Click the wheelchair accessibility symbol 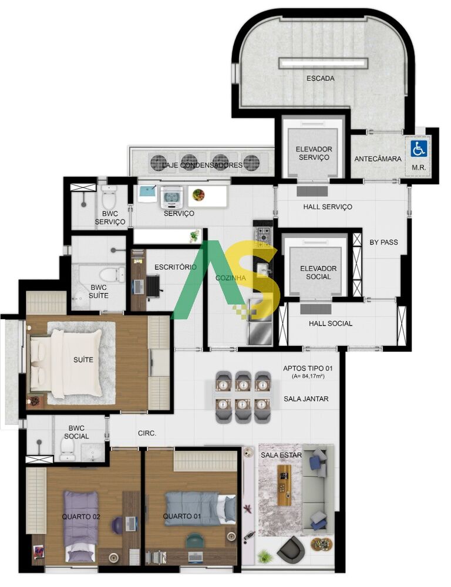pyautogui.click(x=419, y=149)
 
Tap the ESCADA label pyautogui.click(x=320, y=78)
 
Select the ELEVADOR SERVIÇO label pyautogui.click(x=314, y=153)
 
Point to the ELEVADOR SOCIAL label pyautogui.click(x=318, y=272)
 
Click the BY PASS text pyautogui.click(x=383, y=242)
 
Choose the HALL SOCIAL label pyautogui.click(x=331, y=323)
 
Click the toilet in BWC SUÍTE pyautogui.click(x=112, y=275)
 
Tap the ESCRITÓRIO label pyautogui.click(x=175, y=267)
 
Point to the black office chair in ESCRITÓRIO pyautogui.click(x=153, y=287)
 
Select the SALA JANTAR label pyautogui.click(x=306, y=399)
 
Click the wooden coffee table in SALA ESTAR pyautogui.click(x=285, y=485)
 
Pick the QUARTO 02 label pyautogui.click(x=81, y=517)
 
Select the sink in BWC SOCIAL pyautogui.click(x=92, y=451)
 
